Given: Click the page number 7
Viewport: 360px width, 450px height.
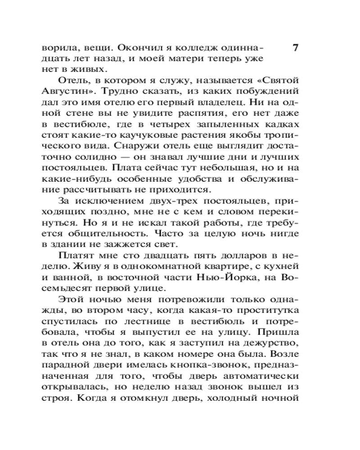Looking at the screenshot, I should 295,48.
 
